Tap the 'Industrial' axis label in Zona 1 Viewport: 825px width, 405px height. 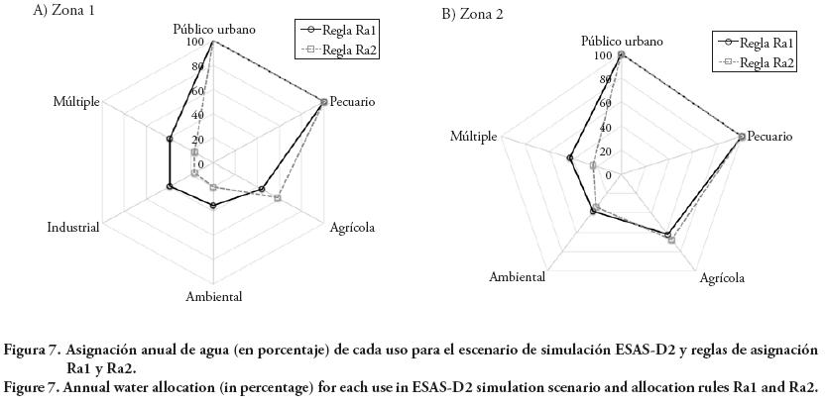(73, 228)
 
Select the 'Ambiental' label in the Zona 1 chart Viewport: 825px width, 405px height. (213, 296)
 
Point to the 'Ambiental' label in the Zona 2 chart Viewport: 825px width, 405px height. (517, 277)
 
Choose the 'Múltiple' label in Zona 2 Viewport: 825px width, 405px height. (473, 136)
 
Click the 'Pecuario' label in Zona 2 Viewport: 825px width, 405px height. (768, 136)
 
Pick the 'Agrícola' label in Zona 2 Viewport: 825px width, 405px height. (721, 278)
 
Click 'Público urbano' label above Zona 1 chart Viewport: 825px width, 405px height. (213, 29)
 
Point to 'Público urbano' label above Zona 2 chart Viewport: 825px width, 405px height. (622, 41)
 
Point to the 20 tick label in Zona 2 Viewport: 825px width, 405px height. (606, 151)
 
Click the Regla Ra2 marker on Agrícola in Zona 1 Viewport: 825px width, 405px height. (278, 199)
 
